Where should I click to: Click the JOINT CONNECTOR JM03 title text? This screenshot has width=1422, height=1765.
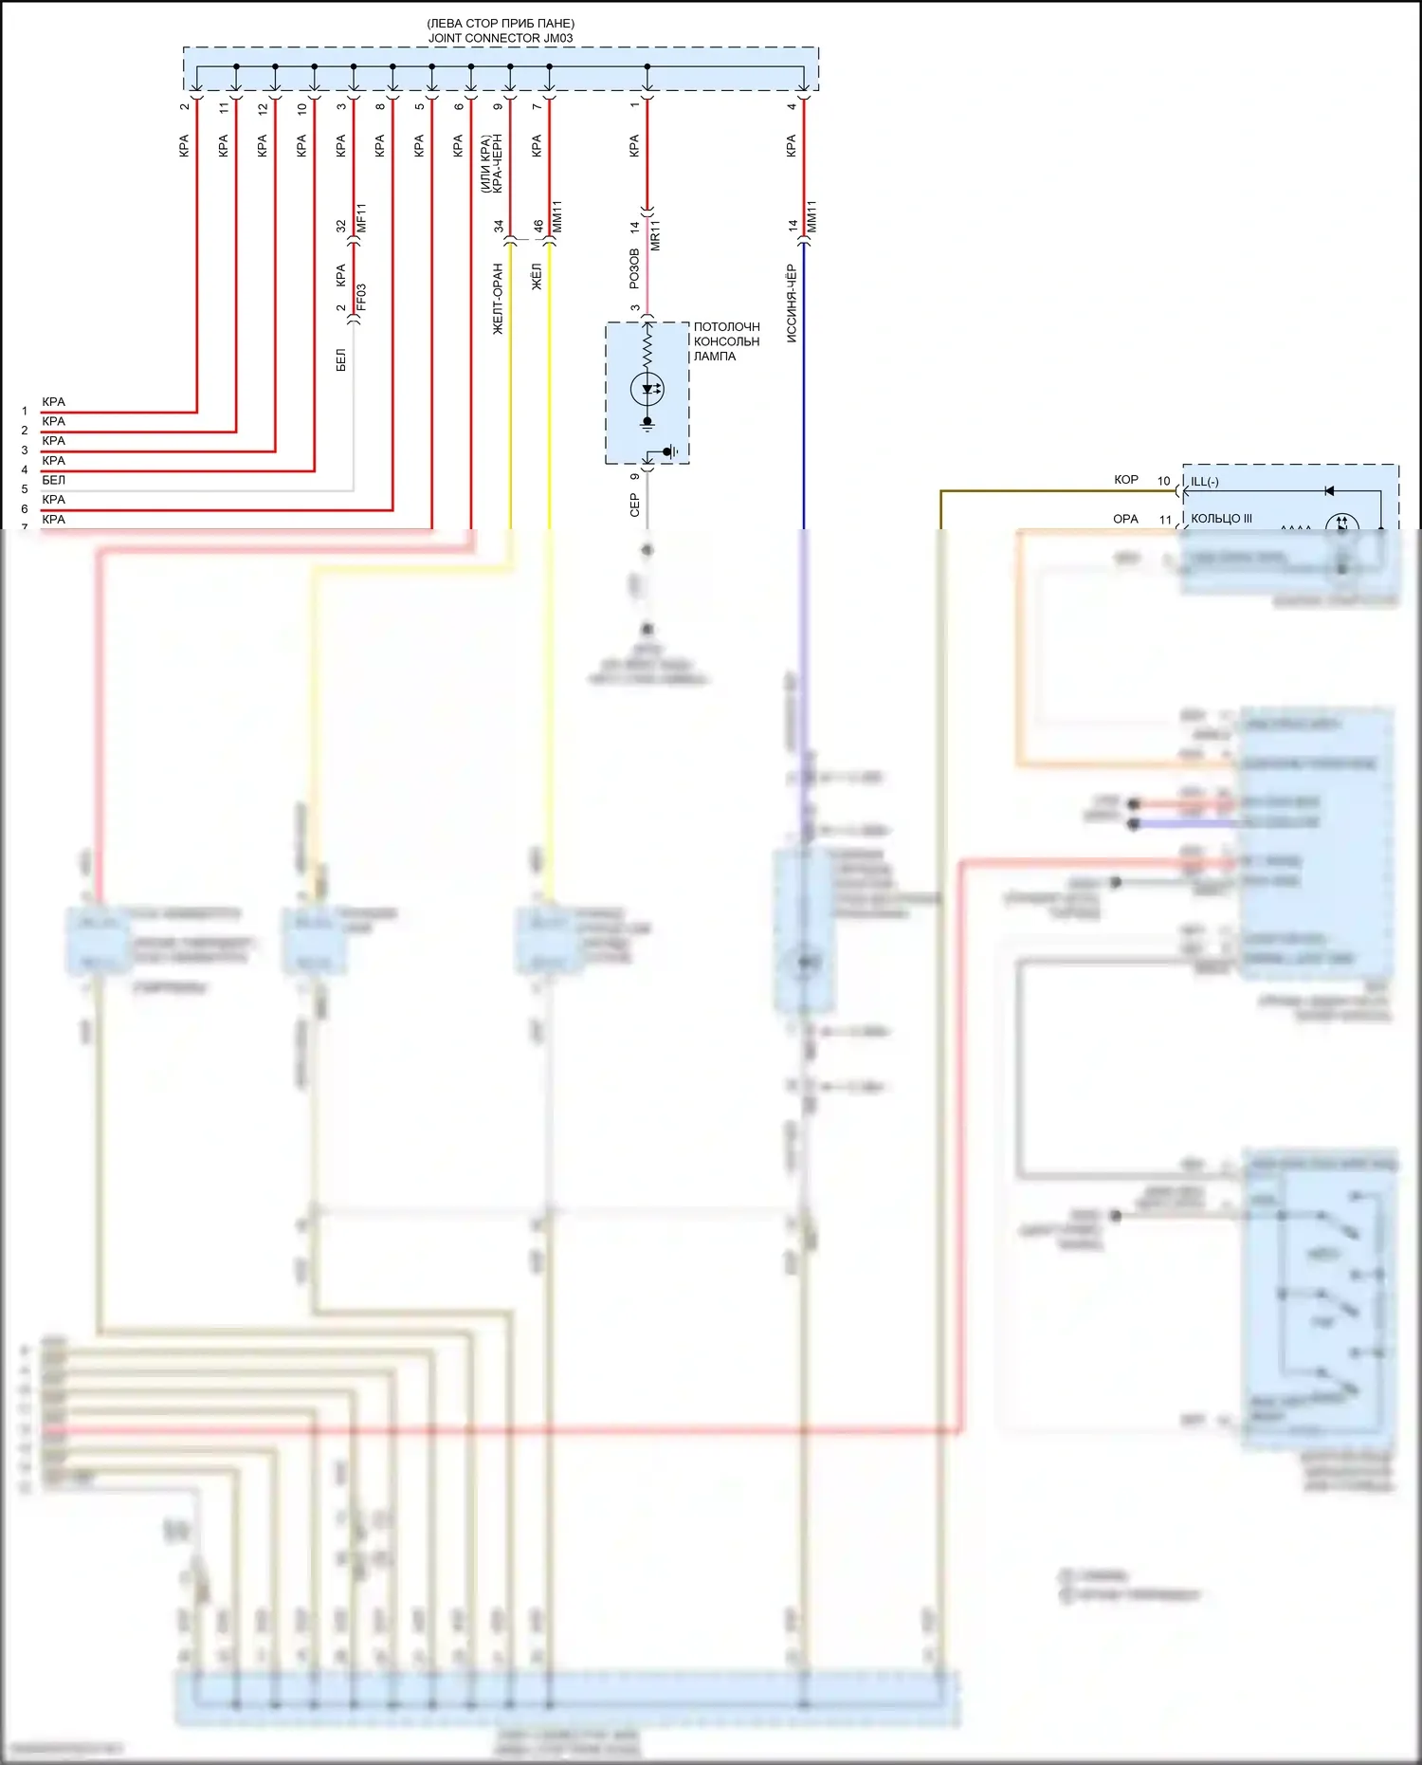point(501,38)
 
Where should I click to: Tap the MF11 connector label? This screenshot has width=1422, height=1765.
point(361,218)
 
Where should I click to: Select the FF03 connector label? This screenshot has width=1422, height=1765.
point(361,297)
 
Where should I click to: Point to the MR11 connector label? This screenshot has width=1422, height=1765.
point(655,234)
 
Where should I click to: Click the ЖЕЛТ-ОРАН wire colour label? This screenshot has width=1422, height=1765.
point(498,299)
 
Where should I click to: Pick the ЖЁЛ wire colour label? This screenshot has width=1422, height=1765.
point(537,277)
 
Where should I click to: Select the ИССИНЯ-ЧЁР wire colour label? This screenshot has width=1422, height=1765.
point(792,303)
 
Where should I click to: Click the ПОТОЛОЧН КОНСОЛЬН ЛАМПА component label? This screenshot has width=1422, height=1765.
point(726,341)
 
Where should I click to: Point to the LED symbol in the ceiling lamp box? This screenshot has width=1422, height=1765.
point(647,389)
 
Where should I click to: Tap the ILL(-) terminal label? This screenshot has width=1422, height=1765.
point(1205,482)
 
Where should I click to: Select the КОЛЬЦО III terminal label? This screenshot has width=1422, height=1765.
point(1221,519)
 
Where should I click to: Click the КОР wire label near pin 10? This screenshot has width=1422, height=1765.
point(1126,480)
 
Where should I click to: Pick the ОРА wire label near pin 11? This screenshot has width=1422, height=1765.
point(1125,519)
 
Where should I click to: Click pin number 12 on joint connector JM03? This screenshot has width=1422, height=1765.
point(263,108)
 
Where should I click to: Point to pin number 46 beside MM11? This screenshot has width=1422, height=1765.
point(538,227)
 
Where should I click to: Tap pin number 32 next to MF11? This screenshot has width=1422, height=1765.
point(341,227)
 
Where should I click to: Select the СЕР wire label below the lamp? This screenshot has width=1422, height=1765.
point(634,506)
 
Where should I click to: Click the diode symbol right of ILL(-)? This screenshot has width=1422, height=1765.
point(1329,491)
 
